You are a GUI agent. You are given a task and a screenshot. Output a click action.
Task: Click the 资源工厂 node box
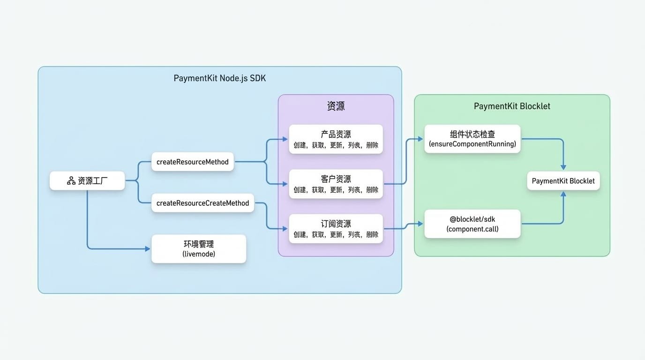point(87,181)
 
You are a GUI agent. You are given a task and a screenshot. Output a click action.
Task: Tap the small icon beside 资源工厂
point(71,181)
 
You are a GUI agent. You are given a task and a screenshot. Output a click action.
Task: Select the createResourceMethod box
point(193,162)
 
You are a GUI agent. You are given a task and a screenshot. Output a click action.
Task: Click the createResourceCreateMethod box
point(202,203)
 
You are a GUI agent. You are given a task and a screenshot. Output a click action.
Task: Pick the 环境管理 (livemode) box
point(199,249)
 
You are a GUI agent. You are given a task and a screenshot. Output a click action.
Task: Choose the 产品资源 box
point(336,139)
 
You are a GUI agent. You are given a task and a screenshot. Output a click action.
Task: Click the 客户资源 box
point(336,184)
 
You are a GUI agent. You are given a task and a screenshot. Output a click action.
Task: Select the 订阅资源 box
point(336,229)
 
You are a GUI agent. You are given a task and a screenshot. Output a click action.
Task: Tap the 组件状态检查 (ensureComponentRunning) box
point(472,139)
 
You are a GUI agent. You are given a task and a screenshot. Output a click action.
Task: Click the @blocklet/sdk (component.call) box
point(472,224)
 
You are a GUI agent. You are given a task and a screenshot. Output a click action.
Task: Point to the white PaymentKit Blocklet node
point(563,181)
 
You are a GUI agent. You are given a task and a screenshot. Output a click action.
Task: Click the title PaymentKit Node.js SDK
point(220,78)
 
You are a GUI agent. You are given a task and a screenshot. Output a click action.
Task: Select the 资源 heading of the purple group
point(336,106)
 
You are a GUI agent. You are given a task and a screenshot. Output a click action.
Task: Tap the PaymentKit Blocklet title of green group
point(512,106)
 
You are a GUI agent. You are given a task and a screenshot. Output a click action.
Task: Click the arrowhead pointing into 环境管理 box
point(147,249)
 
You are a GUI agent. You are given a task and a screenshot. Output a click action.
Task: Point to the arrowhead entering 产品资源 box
point(285,139)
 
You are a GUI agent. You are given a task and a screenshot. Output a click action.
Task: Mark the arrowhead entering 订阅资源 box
point(285,229)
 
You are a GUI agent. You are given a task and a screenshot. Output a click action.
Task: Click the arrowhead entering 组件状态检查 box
point(420,139)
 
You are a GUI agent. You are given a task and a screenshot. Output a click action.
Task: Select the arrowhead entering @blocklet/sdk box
point(420,224)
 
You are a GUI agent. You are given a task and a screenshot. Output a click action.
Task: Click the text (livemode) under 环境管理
point(199,254)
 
